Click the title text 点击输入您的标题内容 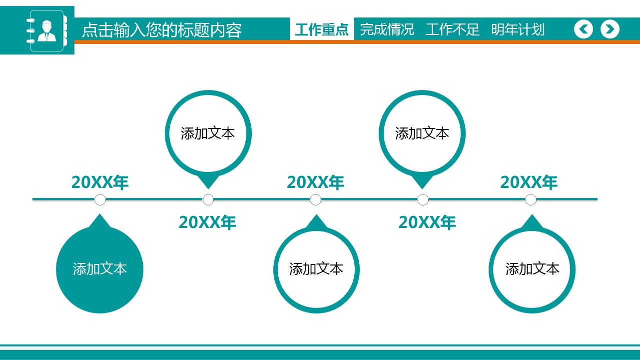(162, 29)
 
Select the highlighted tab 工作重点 (322, 29)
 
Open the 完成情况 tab (387, 29)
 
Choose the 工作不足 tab (452, 29)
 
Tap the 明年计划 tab (518, 29)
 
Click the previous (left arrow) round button (584, 29)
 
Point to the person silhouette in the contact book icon (47, 31)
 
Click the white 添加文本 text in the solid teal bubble (100, 269)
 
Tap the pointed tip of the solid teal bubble (100, 214)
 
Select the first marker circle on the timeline (100, 199)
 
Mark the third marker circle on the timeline (315, 199)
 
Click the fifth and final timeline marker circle (531, 199)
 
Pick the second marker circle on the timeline (208, 199)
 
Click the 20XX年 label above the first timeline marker (100, 182)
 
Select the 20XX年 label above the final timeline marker (529, 182)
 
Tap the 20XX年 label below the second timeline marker (207, 222)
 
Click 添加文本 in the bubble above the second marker (208, 133)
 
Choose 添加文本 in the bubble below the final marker (532, 269)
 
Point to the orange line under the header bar (357, 42)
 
